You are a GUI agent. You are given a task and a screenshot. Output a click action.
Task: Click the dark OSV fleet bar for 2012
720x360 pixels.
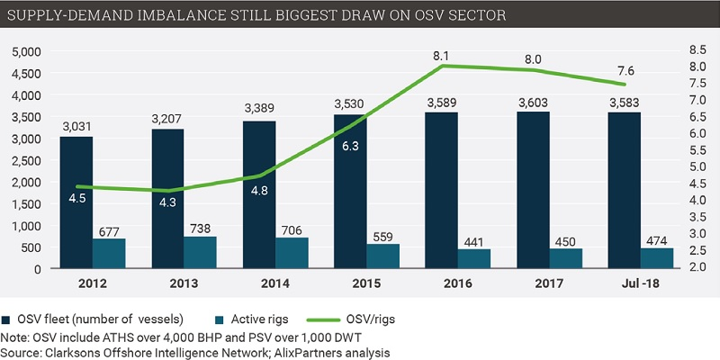pyautogui.click(x=76, y=202)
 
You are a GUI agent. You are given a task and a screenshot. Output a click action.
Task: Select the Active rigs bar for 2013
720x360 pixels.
pyautogui.click(x=200, y=253)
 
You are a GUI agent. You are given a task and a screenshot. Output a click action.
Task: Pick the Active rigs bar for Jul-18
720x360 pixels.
pyautogui.click(x=657, y=258)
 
